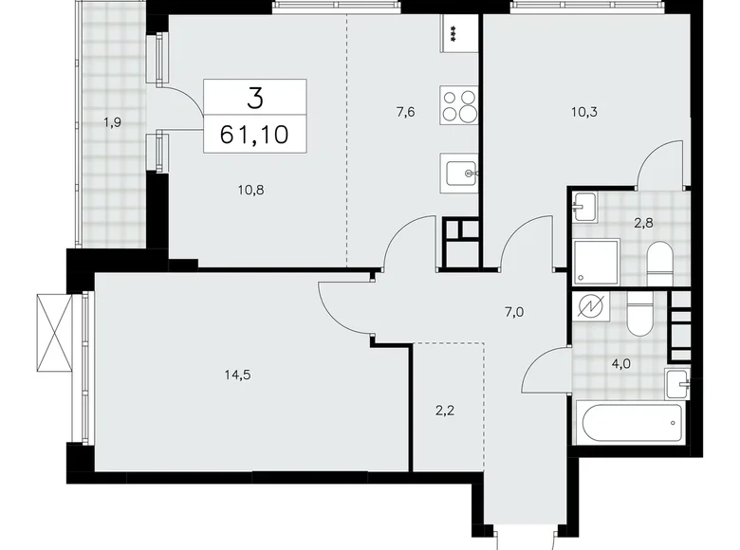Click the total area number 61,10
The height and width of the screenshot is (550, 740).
click(254, 132)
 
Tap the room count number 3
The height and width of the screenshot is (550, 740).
click(254, 97)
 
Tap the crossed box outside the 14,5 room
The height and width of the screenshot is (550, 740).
click(55, 333)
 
